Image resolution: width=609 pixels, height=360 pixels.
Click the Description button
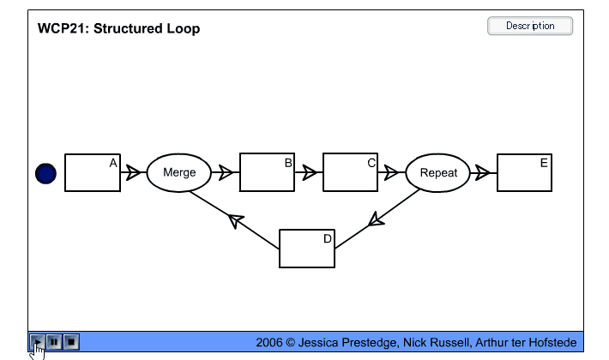click(x=530, y=26)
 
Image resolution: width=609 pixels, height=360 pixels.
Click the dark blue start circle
click(x=45, y=173)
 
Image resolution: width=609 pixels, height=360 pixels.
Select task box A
click(x=93, y=172)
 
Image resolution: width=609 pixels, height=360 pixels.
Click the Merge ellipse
click(x=179, y=172)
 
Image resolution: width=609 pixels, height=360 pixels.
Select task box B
click(x=267, y=172)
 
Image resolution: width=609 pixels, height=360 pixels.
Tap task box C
click(x=350, y=172)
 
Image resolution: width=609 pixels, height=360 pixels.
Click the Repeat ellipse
click(x=438, y=172)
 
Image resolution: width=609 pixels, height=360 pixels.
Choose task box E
click(x=524, y=172)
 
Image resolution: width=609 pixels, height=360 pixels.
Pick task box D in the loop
click(x=306, y=249)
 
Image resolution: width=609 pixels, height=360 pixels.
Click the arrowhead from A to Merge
click(x=133, y=173)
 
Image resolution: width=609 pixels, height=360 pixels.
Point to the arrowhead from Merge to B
click(x=226, y=173)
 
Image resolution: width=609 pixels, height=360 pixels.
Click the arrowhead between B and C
click(x=309, y=173)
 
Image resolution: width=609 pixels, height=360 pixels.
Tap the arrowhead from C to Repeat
click(x=392, y=173)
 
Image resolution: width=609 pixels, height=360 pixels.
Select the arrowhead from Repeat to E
click(x=483, y=173)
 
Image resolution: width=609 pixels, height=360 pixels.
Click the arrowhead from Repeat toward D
click(x=377, y=220)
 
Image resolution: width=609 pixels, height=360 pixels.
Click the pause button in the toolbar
click(x=54, y=342)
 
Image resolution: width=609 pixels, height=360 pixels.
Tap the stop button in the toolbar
click(x=72, y=342)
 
